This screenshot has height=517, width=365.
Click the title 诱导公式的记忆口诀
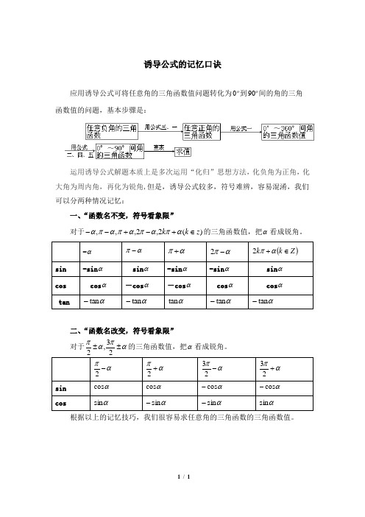(182, 65)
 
